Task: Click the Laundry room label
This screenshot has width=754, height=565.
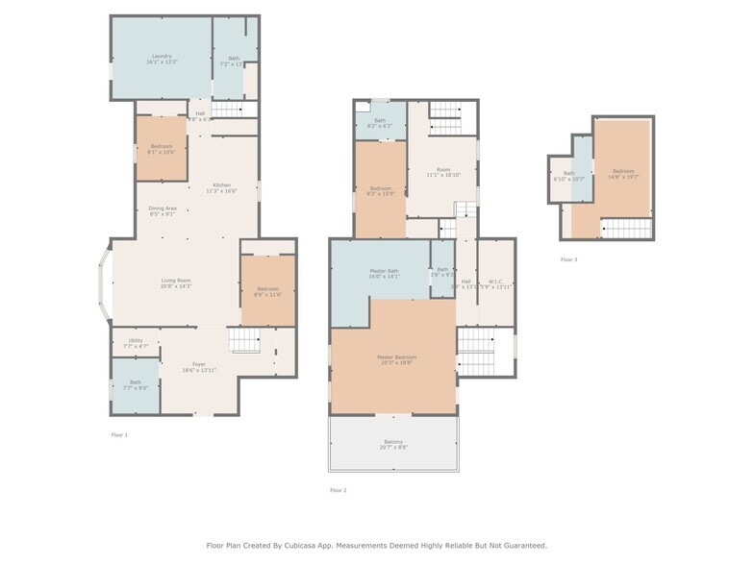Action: click(161, 57)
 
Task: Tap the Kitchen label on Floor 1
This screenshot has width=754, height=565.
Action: click(221, 185)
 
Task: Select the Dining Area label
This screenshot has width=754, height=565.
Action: click(162, 209)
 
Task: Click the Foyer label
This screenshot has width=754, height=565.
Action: click(199, 364)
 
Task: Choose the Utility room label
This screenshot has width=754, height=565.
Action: click(136, 340)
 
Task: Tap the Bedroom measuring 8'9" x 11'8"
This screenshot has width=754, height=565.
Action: click(267, 289)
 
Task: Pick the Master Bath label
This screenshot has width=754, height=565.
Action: click(384, 272)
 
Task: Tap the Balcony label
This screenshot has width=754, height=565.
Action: click(392, 442)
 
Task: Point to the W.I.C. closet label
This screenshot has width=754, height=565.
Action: click(496, 282)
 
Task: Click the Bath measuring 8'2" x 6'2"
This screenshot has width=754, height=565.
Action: click(380, 121)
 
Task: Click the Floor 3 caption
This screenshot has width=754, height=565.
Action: click(569, 259)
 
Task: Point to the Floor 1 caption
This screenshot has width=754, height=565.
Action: click(119, 434)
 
